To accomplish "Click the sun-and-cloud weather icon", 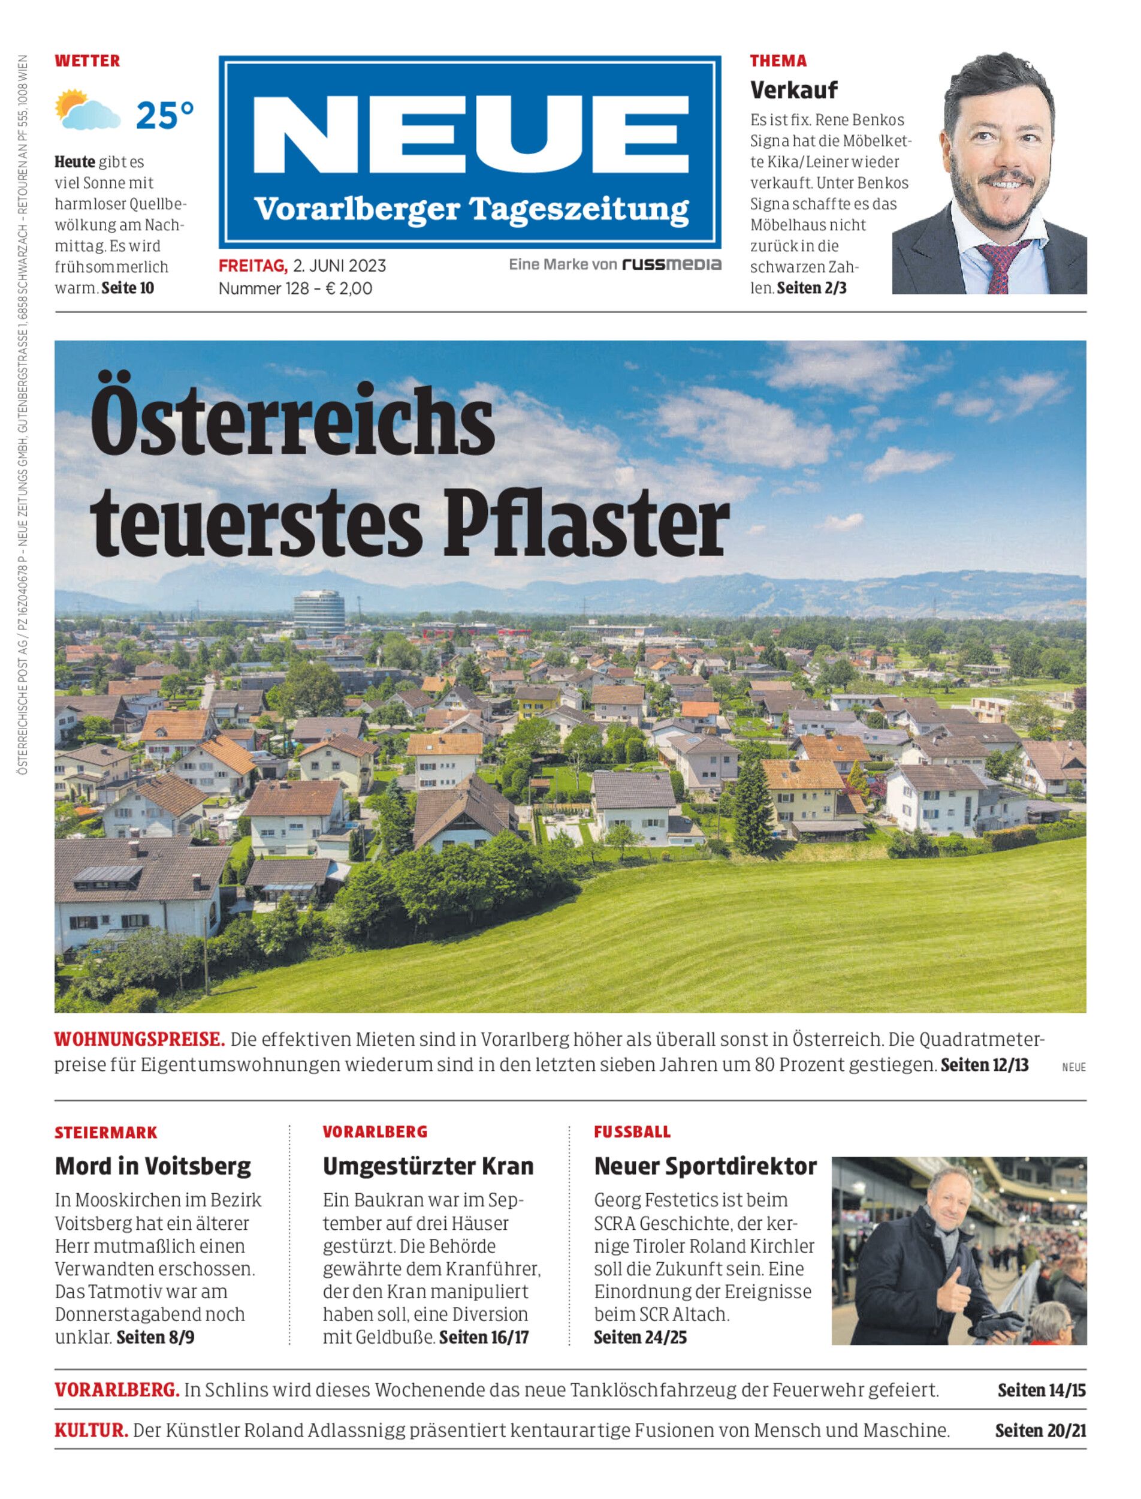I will (x=87, y=110).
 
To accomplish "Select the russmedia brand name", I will (x=672, y=264).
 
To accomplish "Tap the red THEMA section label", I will (x=778, y=61).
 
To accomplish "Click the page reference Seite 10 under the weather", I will (x=128, y=288).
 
